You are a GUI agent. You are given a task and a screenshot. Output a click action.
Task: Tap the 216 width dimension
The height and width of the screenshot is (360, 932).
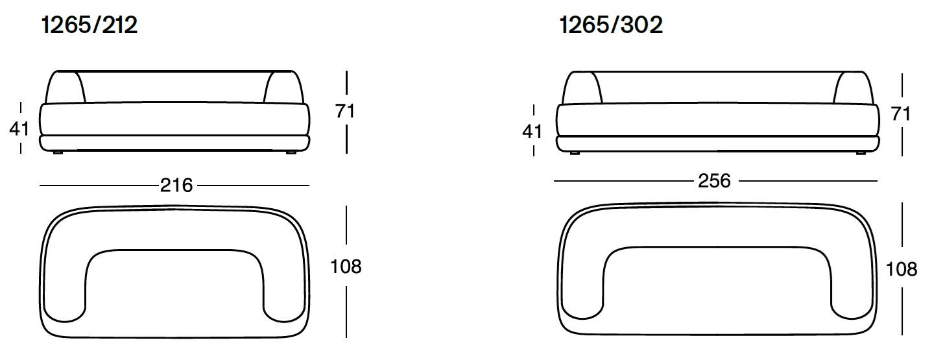[x=176, y=186]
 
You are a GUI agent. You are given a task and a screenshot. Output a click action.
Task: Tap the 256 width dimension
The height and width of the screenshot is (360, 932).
[x=714, y=181]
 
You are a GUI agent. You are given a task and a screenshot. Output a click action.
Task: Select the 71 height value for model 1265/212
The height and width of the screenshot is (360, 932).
[x=345, y=112]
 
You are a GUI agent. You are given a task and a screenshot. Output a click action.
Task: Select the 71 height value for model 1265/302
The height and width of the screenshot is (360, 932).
[x=901, y=114]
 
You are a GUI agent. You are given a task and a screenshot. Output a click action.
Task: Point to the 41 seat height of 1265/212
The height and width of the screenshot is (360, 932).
[x=19, y=129]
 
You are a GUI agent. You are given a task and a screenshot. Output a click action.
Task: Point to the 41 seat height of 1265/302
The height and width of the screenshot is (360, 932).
[x=532, y=132]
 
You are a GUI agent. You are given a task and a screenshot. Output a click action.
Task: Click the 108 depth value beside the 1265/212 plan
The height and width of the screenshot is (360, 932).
[x=346, y=267]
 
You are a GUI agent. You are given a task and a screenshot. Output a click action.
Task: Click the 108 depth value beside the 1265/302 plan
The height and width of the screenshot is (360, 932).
[x=902, y=270]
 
